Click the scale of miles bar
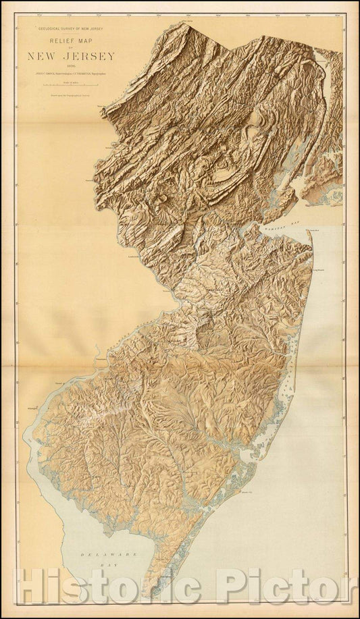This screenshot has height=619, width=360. pyautogui.click(x=71, y=85)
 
